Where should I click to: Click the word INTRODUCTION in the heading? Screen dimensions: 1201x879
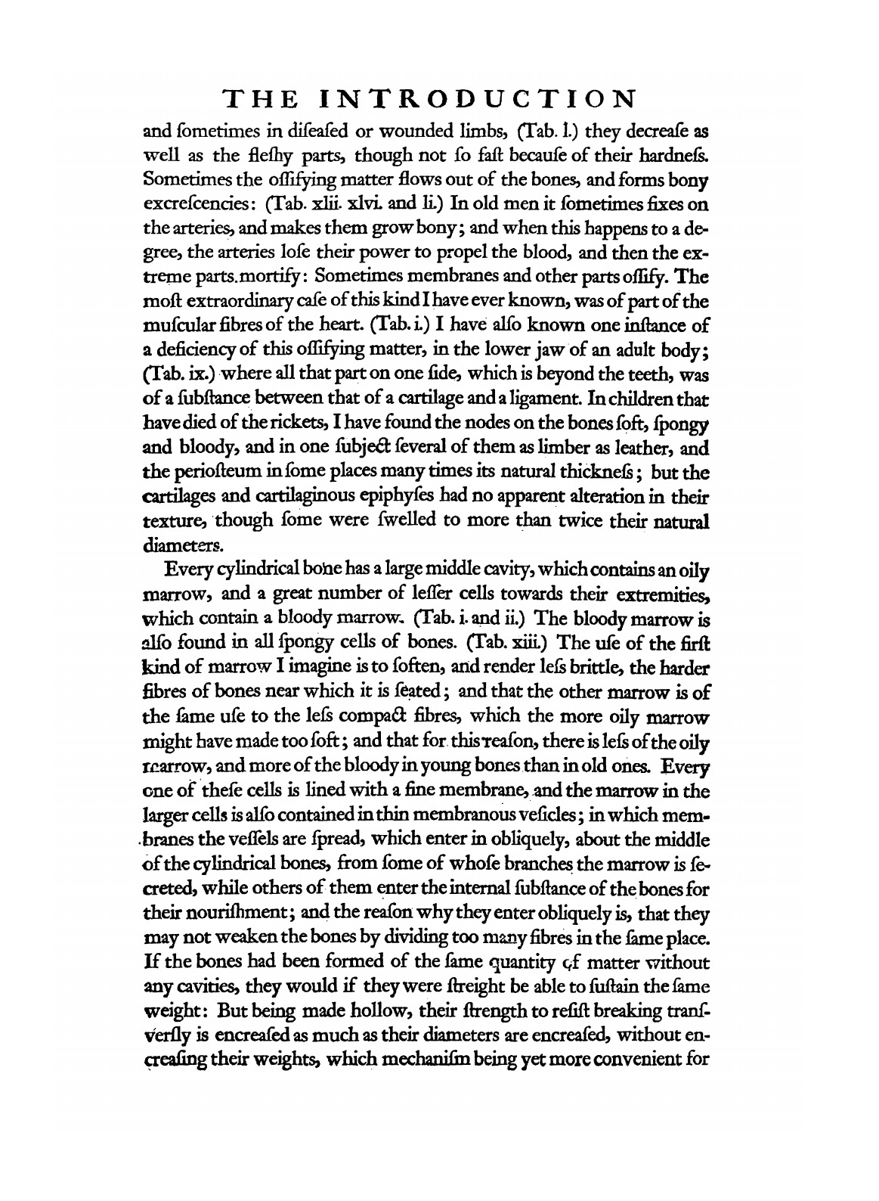[x=476, y=98]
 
